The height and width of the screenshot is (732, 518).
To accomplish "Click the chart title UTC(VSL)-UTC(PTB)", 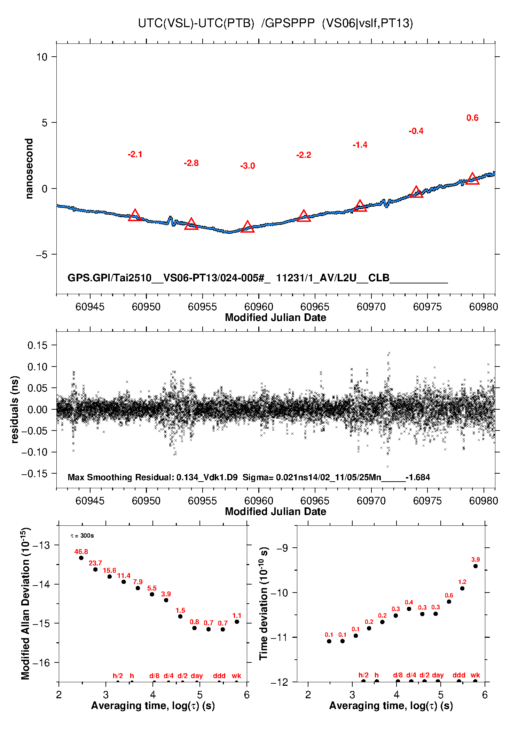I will [196, 23].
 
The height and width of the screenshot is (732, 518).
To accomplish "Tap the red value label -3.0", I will [248, 166].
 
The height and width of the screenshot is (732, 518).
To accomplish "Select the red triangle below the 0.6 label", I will [472, 179].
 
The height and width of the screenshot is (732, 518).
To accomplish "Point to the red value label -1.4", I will [360, 145].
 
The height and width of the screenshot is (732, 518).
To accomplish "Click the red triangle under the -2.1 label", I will [135, 216].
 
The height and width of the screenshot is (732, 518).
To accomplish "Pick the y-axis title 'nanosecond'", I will [29, 169].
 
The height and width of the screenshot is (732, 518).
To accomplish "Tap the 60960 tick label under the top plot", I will [259, 307].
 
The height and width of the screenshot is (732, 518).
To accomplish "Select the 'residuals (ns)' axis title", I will [14, 409].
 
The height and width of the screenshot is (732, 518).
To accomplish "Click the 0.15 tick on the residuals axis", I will [37, 345].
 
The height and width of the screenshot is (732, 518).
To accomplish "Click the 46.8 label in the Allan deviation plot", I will [81, 552].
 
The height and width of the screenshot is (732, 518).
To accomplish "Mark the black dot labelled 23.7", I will [95, 570].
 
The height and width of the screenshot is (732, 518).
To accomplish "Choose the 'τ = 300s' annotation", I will [82, 536].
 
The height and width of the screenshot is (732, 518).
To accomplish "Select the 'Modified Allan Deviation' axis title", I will [25, 603].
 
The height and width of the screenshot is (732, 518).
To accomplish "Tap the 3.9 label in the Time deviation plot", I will [476, 560].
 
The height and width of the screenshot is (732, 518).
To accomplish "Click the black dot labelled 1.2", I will [462, 588].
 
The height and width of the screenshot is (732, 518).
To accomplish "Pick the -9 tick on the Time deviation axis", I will [282, 548].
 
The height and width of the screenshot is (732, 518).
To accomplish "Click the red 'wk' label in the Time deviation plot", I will [475, 675].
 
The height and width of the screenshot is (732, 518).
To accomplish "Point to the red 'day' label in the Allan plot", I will [197, 676].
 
